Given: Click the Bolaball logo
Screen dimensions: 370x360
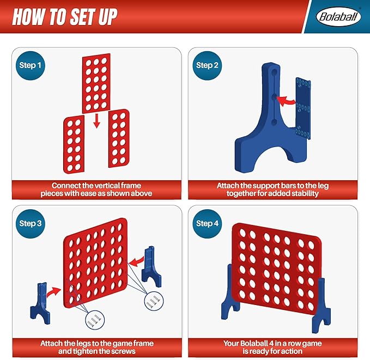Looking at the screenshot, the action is (338, 16).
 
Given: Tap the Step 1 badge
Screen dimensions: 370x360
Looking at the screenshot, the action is (30, 65).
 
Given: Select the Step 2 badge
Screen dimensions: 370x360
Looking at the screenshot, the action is (207, 65).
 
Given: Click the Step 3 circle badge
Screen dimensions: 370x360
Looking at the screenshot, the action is (30, 224).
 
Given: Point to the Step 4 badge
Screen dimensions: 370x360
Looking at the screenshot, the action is (207, 224).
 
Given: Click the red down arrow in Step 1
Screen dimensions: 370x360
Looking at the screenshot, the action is (96, 121).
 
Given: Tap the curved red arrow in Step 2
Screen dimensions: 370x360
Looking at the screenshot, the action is (286, 101).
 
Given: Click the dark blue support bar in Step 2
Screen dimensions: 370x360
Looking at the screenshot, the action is (303, 108).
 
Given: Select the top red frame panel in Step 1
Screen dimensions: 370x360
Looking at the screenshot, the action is (96, 83).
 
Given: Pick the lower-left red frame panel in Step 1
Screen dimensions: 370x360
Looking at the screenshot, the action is (74, 144).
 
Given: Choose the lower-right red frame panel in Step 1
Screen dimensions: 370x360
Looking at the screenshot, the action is (119, 138).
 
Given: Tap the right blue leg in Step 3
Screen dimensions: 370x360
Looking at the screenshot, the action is (151, 266).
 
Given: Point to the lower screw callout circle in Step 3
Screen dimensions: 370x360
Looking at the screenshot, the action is (95, 320).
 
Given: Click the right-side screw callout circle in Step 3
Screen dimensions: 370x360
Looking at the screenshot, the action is (154, 301).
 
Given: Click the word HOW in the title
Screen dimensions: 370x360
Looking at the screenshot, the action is (28, 17).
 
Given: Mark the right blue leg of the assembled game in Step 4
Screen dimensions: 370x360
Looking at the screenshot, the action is (322, 307).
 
